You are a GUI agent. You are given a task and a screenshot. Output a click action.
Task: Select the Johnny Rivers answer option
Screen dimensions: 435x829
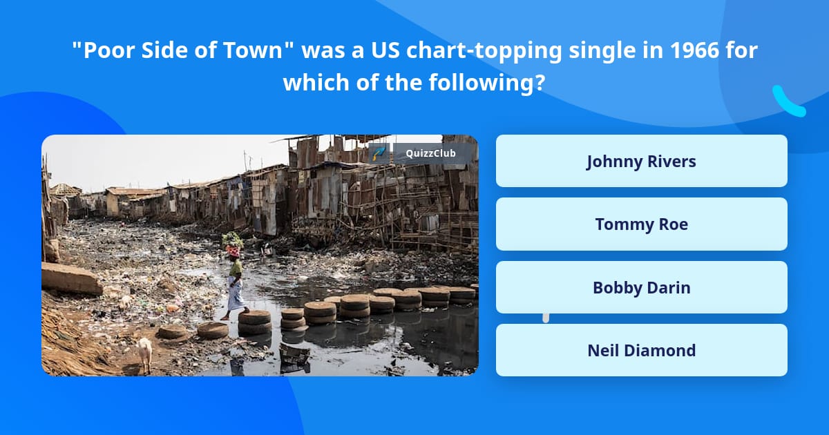pyautogui.click(x=641, y=161)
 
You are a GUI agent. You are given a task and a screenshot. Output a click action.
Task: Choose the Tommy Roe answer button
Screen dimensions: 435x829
pyautogui.click(x=641, y=224)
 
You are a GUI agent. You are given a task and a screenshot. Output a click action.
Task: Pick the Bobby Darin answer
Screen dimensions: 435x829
pyautogui.click(x=641, y=287)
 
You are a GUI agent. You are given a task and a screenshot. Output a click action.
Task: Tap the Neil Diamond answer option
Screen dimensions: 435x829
pyautogui.click(x=641, y=350)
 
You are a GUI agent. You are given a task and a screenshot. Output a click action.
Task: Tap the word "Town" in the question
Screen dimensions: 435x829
pyautogui.click(x=266, y=52)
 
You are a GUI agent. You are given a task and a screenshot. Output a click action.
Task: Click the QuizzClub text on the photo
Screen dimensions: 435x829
pyautogui.click(x=430, y=153)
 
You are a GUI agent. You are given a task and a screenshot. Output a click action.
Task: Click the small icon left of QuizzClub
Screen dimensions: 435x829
pyautogui.click(x=379, y=153)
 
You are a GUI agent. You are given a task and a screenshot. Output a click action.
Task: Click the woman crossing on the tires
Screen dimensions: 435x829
pyautogui.click(x=235, y=283)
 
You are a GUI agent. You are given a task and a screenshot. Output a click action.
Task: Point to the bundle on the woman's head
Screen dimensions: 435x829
pyautogui.click(x=233, y=242)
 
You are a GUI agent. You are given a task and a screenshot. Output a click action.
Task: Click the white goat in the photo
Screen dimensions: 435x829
pyautogui.click(x=144, y=352)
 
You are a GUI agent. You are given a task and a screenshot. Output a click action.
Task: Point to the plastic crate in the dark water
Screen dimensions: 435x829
pyautogui.click(x=295, y=354)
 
